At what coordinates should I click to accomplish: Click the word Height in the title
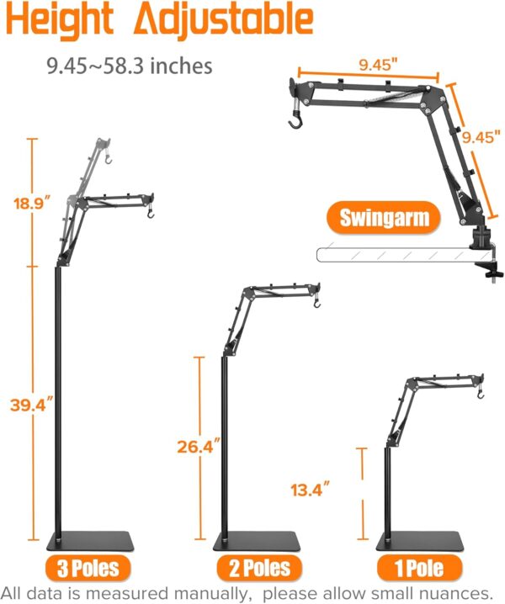click(x=60, y=19)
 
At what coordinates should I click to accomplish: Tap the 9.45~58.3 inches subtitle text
click(x=130, y=66)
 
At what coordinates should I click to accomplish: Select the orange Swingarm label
click(x=384, y=218)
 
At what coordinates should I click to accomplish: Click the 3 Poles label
click(x=88, y=568)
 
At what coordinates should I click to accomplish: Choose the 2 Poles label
click(x=259, y=568)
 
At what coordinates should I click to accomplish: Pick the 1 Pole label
click(x=419, y=568)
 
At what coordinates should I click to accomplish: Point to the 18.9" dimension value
click(x=32, y=203)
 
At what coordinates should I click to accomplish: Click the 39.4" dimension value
click(x=32, y=405)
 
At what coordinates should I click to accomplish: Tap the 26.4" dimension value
click(x=199, y=447)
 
